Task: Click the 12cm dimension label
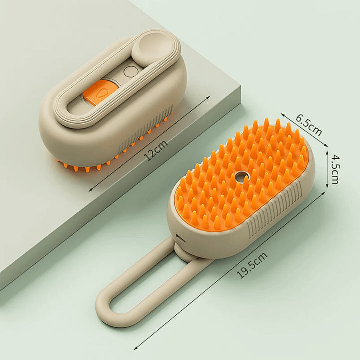pos(156,149)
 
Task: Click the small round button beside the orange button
pos(129,71)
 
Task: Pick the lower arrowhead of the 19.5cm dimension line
pos(136,348)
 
